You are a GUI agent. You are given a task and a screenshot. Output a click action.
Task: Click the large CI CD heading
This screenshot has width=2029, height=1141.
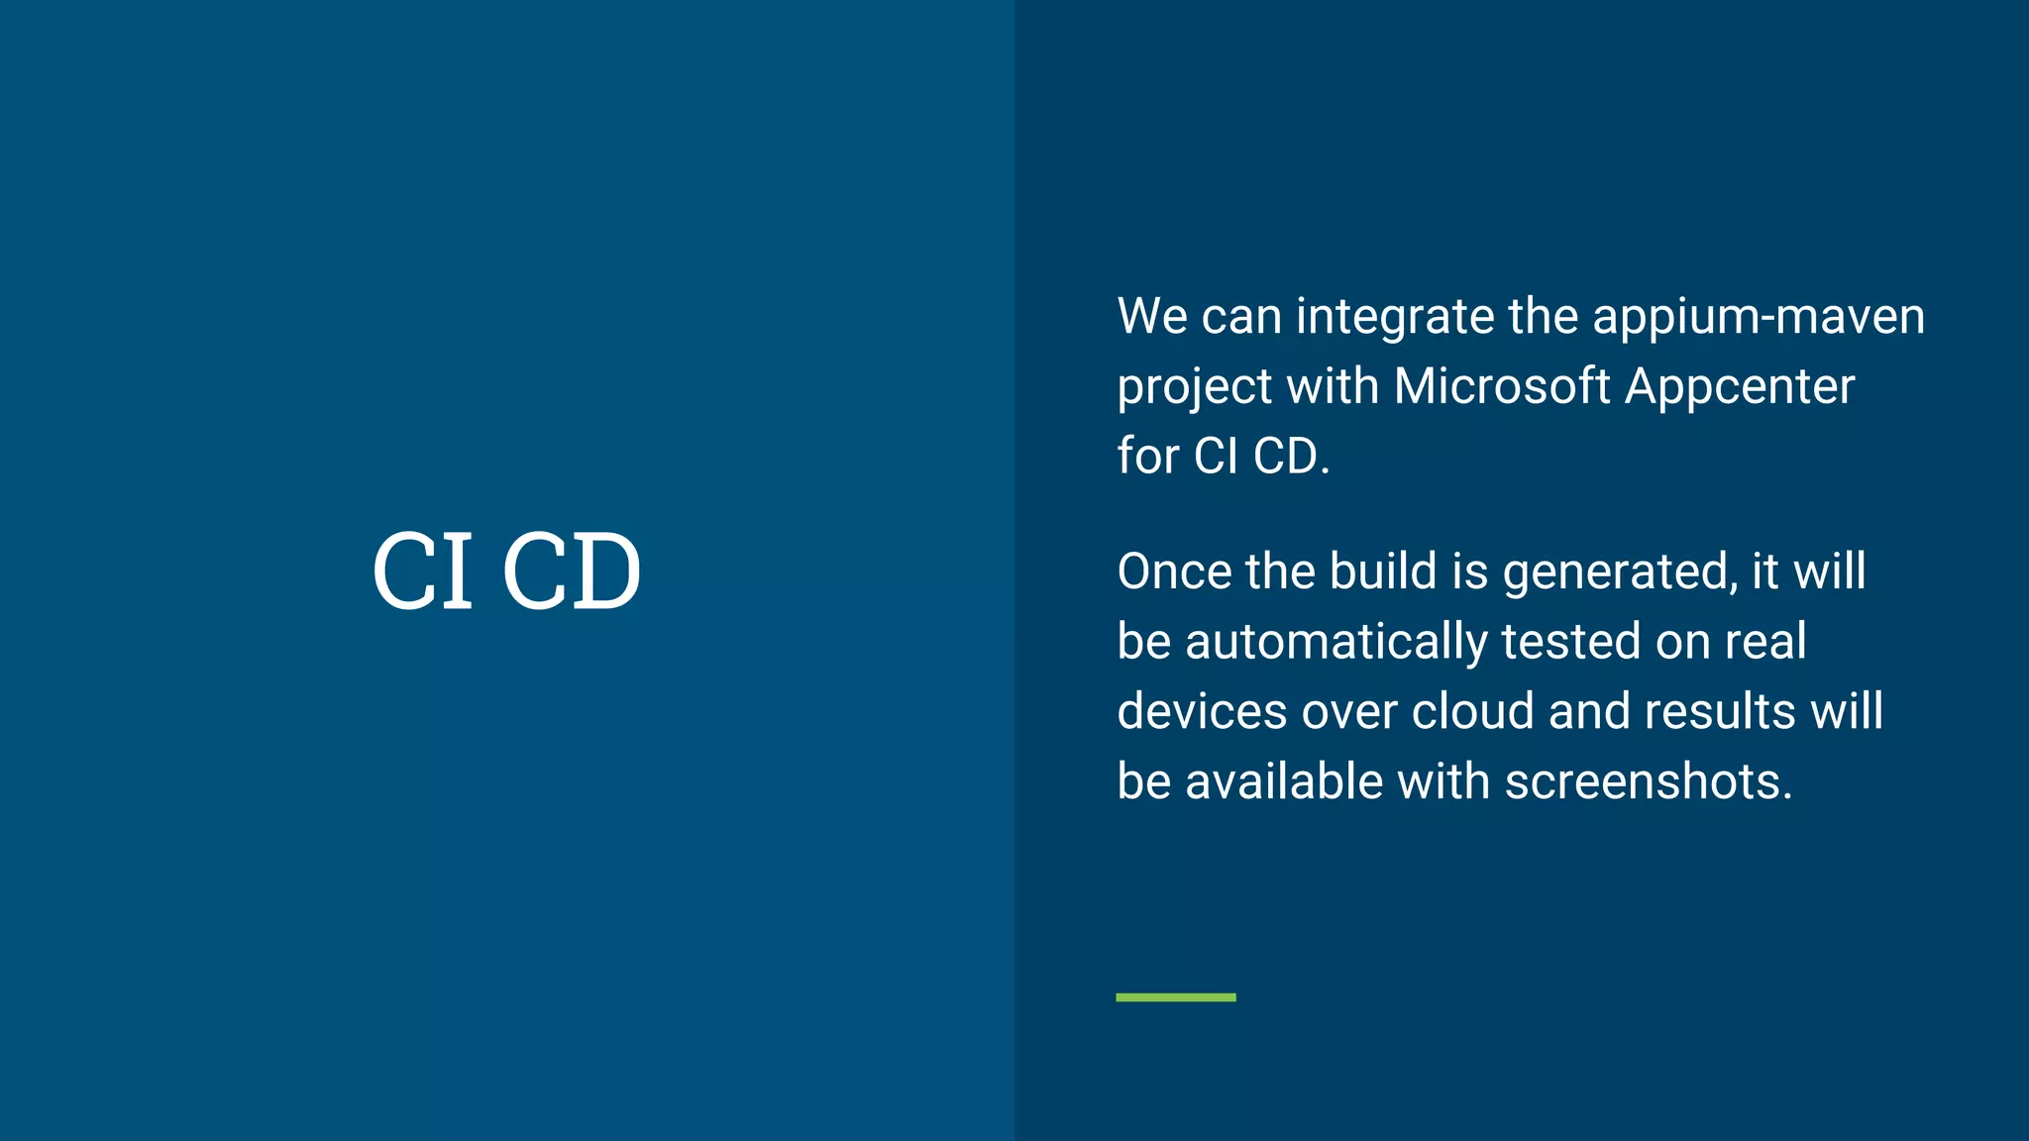506,570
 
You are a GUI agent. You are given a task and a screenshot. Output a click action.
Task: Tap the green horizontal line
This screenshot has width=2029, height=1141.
1175,997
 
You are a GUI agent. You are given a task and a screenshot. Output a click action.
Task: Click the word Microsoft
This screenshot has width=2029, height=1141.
1502,386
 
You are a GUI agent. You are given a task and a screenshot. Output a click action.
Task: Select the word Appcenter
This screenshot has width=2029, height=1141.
1740,387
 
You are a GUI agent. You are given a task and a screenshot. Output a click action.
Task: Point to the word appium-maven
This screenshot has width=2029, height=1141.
1759,318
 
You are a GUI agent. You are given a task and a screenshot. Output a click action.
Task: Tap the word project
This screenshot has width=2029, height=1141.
1194,387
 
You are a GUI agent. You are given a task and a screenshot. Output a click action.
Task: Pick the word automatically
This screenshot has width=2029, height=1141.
1336,642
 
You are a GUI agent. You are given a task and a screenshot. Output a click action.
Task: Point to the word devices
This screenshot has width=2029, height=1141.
1201,711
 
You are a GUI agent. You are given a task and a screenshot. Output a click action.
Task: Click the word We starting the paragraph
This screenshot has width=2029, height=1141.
1152,317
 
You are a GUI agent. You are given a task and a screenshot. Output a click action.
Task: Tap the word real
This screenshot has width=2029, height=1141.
1765,642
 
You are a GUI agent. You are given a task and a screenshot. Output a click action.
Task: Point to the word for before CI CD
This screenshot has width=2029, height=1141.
1148,457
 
